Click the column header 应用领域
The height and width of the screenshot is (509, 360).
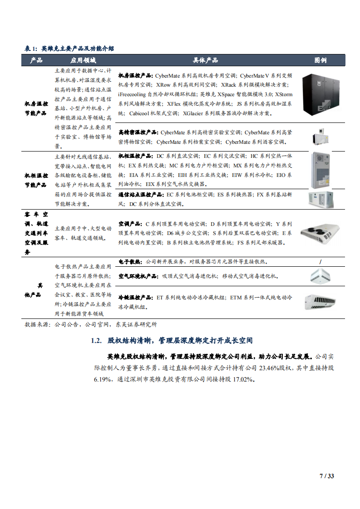coord(83,60)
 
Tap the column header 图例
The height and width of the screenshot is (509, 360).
coord(320,60)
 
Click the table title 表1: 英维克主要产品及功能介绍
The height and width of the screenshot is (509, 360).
coord(69,49)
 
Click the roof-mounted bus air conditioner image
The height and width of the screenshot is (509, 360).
coord(320,234)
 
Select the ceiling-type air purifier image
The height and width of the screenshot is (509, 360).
coord(321,275)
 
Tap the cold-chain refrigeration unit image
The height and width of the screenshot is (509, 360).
coord(320,301)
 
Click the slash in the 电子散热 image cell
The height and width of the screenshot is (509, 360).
coord(321,262)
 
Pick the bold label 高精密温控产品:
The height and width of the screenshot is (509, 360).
coord(138,133)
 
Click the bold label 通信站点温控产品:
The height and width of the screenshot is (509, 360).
coord(142,195)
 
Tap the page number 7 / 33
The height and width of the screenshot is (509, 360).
coord(326,476)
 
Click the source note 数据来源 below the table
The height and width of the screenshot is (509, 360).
coord(38,325)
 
